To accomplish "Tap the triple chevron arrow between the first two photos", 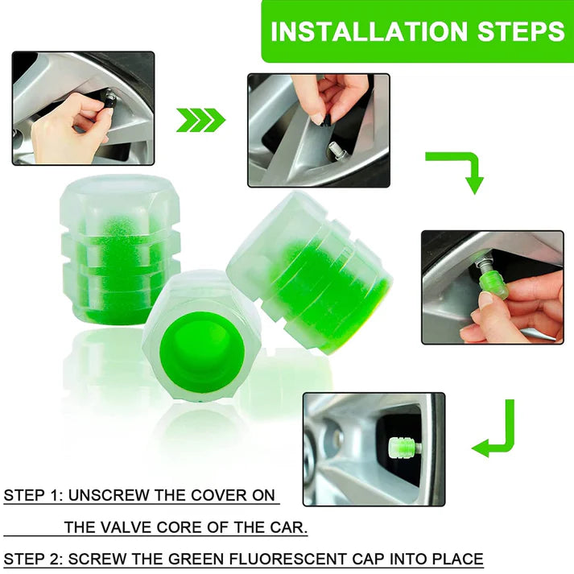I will [x=200, y=120].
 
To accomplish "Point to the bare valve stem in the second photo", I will [x=336, y=150].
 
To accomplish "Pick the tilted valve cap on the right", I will [x=310, y=270].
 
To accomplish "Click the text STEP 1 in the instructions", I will [x=31, y=495].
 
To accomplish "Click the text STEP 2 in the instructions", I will [x=31, y=558].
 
